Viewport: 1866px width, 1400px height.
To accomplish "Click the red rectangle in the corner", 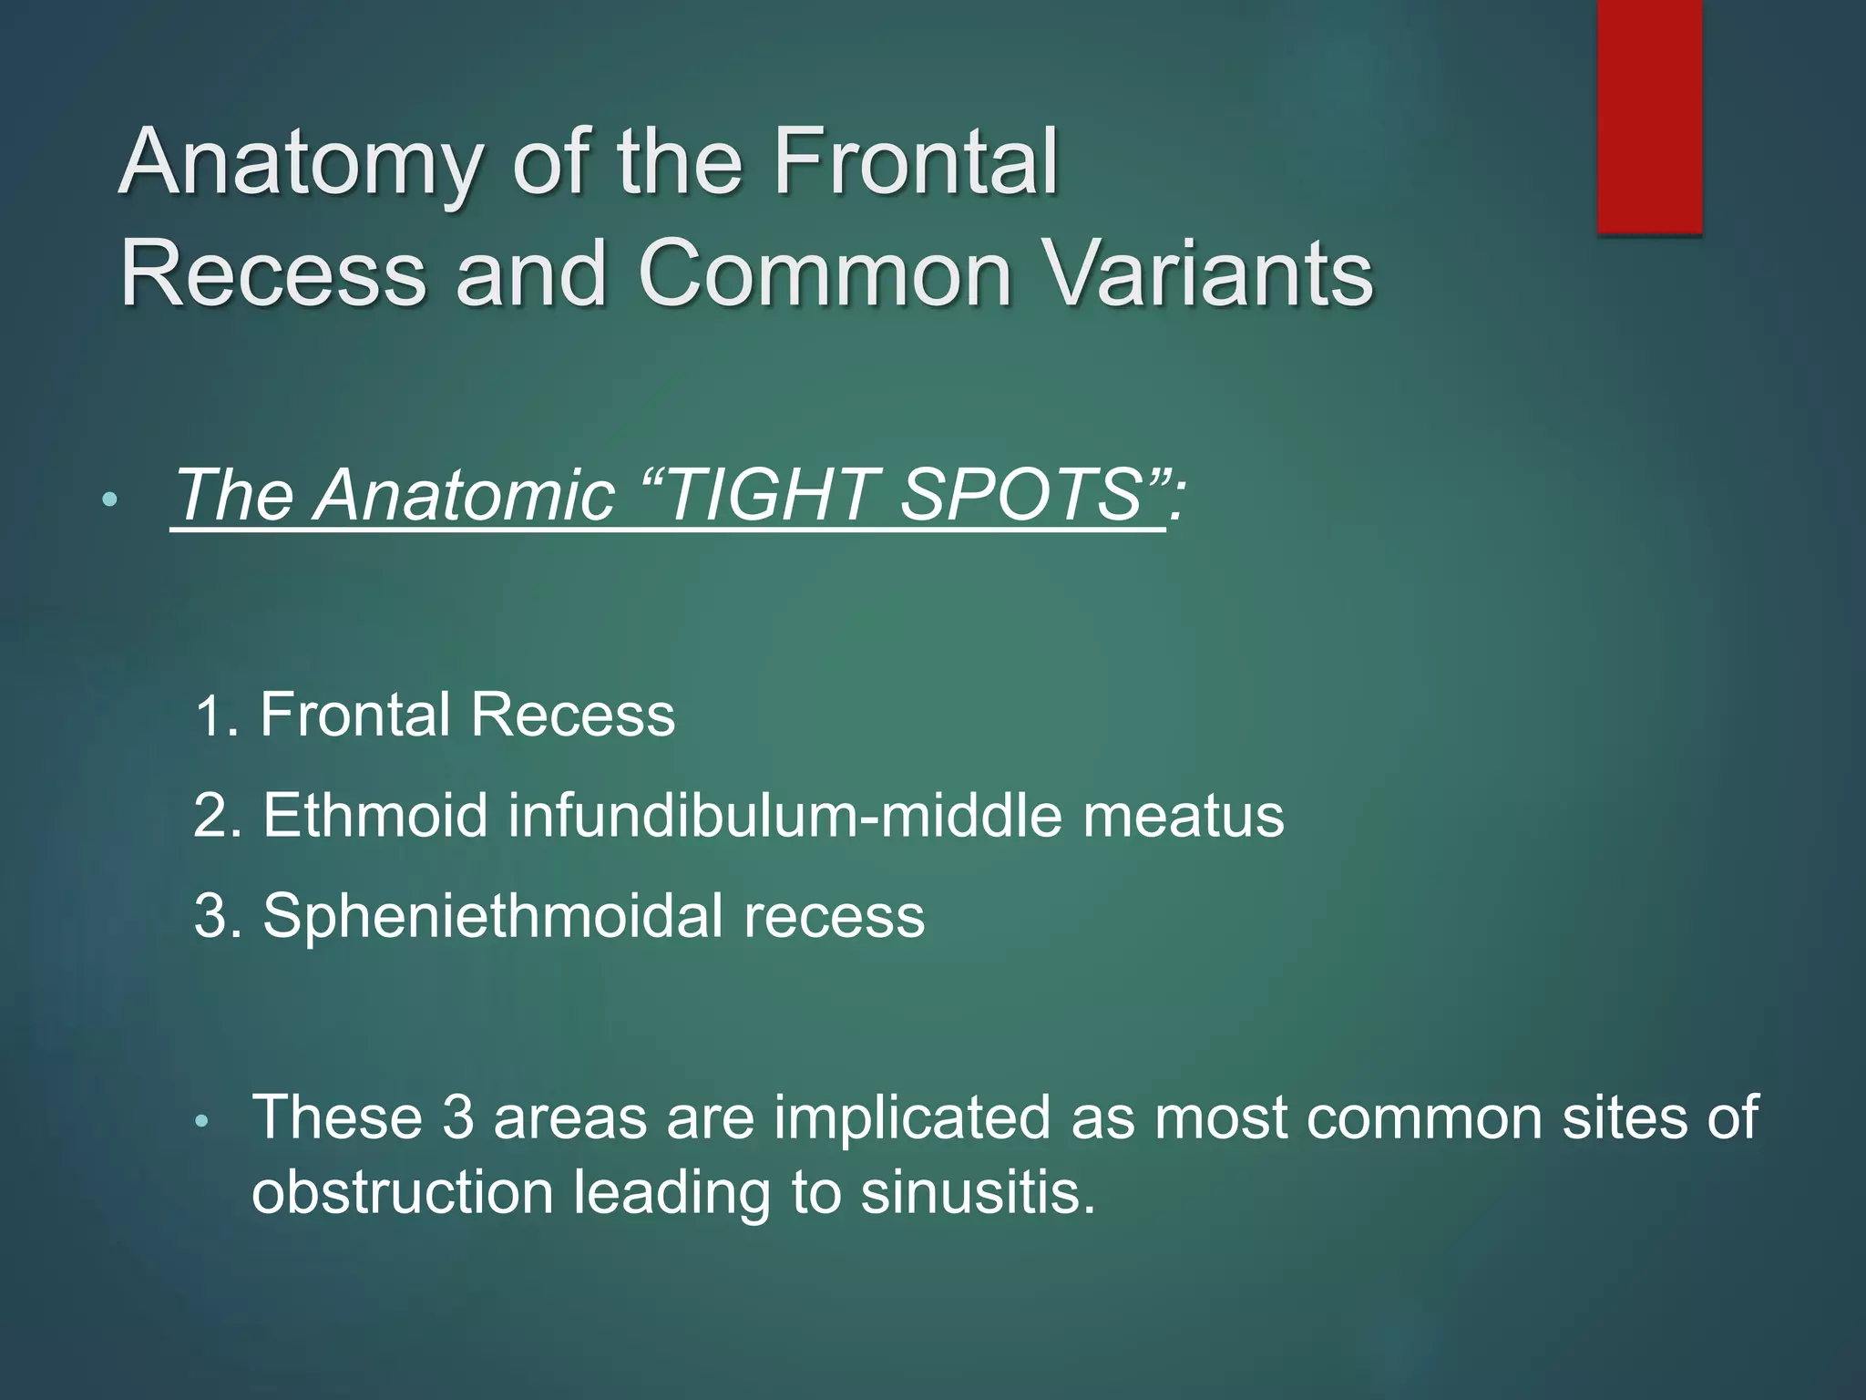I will [x=1649, y=117].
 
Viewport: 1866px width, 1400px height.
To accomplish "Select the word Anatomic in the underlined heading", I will [x=465, y=495].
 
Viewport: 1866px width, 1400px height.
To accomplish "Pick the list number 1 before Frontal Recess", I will [x=211, y=715].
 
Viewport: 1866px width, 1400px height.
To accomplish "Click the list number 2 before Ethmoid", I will [x=213, y=816].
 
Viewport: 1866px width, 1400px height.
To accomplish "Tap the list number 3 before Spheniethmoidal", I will [x=213, y=916].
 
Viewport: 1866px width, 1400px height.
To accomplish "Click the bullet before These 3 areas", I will [x=203, y=1122].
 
